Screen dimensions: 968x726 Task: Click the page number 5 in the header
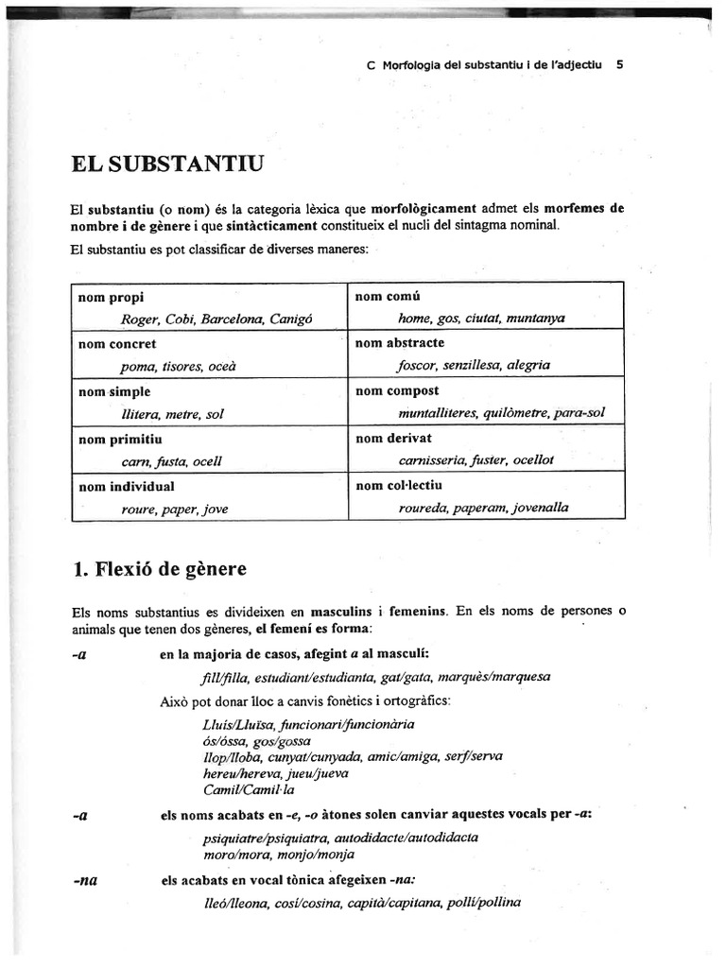coord(618,65)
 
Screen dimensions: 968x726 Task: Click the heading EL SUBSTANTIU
coord(167,164)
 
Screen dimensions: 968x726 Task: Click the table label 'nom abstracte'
coord(399,343)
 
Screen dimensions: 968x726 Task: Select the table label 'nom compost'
coord(396,390)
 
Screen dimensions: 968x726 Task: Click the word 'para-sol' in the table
coord(579,412)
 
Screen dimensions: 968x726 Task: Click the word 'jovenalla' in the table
coord(541,508)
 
